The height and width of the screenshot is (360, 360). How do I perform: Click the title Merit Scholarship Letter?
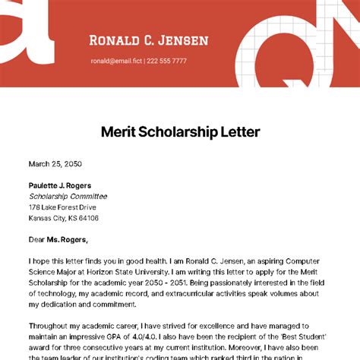(180, 131)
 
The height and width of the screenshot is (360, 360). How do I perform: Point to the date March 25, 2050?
(55, 163)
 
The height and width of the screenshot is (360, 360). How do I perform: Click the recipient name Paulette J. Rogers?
(60, 185)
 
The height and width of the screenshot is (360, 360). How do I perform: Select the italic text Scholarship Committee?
(68, 196)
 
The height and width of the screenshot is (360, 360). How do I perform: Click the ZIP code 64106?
(88, 218)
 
